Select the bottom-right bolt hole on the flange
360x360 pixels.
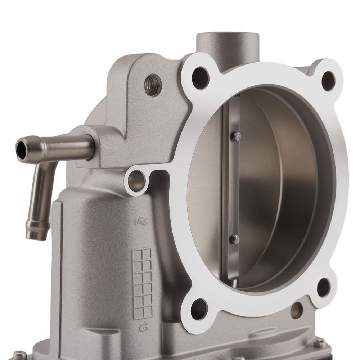pos(323,287)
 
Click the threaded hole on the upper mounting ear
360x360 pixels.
pos(153,85)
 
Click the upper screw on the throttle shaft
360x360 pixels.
pos(236,136)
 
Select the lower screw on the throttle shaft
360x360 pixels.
pos(234,239)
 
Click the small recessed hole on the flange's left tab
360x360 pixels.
pos(137,177)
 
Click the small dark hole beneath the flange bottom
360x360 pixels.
pos(296,310)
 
